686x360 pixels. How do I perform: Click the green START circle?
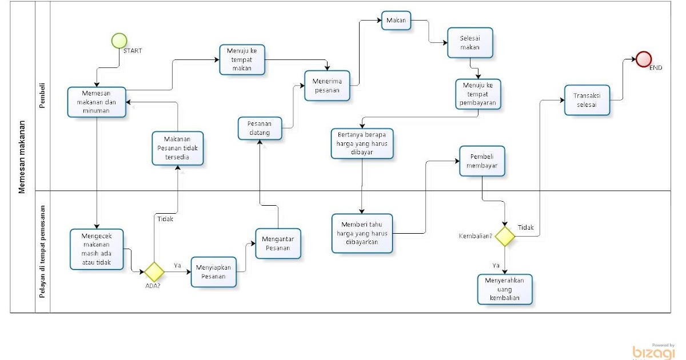pyautogui.click(x=119, y=41)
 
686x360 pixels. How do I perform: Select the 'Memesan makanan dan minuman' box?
pyautogui.click(x=97, y=102)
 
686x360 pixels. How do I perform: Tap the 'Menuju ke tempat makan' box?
pyautogui.click(x=242, y=59)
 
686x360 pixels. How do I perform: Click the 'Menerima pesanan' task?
pyautogui.click(x=326, y=86)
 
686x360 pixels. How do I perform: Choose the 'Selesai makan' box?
pyautogui.click(x=470, y=43)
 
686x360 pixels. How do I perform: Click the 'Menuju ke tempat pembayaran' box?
pyautogui.click(x=478, y=94)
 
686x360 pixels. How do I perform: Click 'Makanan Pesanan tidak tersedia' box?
pyautogui.click(x=178, y=148)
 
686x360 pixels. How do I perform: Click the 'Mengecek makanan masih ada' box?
pyautogui.click(x=97, y=249)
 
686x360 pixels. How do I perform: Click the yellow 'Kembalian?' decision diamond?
pyautogui.click(x=505, y=236)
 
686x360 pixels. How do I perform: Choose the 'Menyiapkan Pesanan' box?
pyautogui.click(x=214, y=272)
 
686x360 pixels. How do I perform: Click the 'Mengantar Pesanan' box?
pyautogui.click(x=278, y=243)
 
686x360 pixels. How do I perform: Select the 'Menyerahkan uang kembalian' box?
pyautogui.click(x=505, y=290)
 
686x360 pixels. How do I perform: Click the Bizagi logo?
pyautogui.click(x=653, y=351)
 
